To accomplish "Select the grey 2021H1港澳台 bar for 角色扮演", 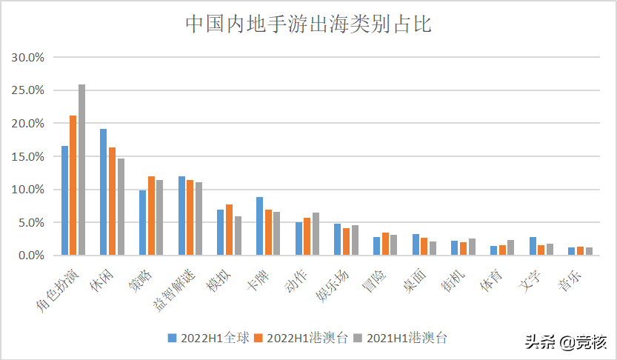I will pyautogui.click(x=81, y=170).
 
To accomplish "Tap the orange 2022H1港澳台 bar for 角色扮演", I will pyautogui.click(x=73, y=185).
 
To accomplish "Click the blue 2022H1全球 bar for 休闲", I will pyautogui.click(x=103, y=192).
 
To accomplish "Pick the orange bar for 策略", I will pyautogui.click(x=150, y=216).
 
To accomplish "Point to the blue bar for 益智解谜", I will pyautogui.click(x=181, y=216).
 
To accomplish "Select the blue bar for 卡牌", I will pyautogui.click(x=259, y=226).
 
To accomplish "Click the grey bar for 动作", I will pyautogui.click(x=316, y=234).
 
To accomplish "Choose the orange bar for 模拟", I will pyautogui.click(x=229, y=230).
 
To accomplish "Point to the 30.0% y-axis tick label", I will pyautogui.click(x=28, y=57).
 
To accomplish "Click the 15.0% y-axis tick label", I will pyautogui.click(x=28, y=156).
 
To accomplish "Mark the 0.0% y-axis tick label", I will pyautogui.click(x=31, y=256).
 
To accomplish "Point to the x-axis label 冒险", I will pyautogui.click(x=373, y=282).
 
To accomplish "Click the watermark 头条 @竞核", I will pyautogui.click(x=566, y=342).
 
